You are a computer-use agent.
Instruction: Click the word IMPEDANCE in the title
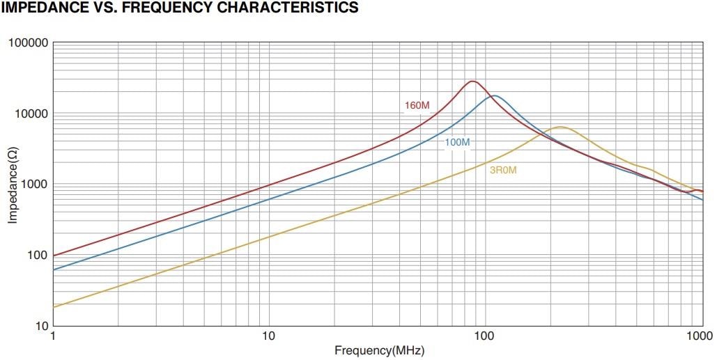click(44, 8)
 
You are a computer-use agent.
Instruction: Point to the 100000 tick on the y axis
click(28, 43)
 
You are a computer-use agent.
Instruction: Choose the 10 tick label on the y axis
click(39, 326)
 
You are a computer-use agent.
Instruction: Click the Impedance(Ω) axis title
click(13, 185)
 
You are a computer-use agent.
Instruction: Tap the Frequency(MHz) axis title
click(379, 351)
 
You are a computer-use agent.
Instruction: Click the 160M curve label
click(417, 106)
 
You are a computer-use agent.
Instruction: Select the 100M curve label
click(457, 143)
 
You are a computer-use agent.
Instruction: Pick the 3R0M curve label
click(503, 169)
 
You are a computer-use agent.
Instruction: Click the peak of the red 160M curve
click(472, 81)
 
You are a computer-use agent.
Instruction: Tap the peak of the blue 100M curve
click(495, 95)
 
